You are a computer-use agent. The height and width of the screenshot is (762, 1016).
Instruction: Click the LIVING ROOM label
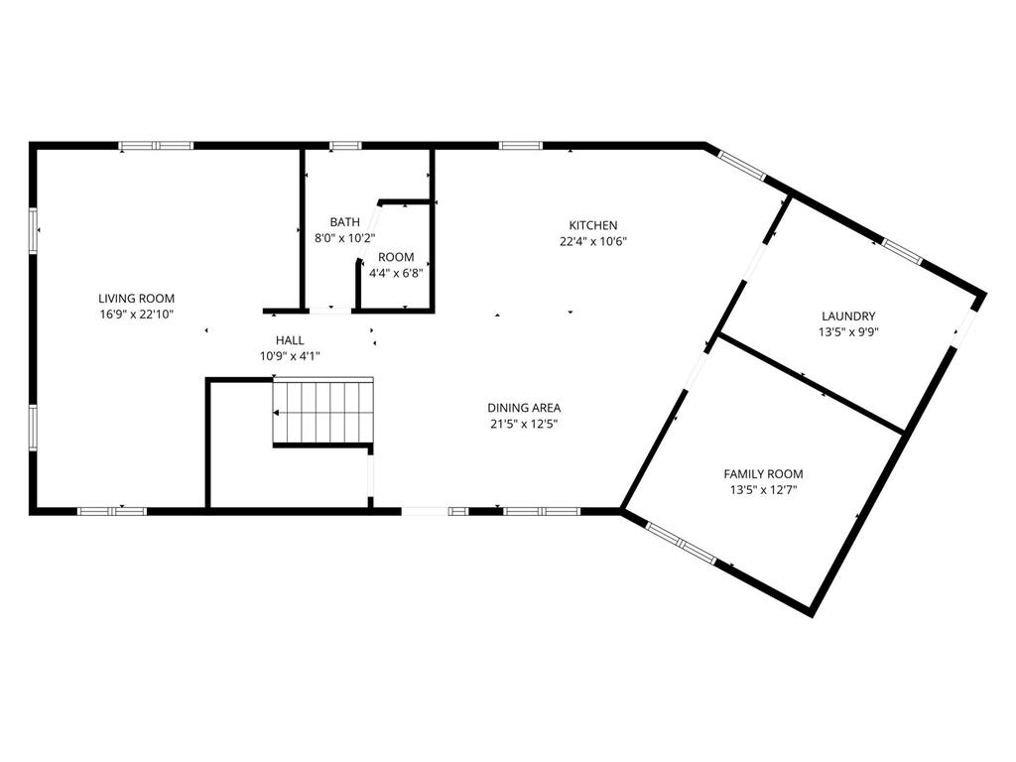tap(136, 299)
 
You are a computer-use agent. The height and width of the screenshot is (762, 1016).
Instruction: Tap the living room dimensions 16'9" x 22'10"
tap(136, 315)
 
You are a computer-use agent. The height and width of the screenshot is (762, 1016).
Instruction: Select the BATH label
tap(344, 222)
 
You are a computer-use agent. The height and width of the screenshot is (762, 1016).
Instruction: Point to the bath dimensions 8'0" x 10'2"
tap(344, 238)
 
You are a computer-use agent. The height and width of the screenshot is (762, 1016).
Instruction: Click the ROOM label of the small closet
tap(396, 257)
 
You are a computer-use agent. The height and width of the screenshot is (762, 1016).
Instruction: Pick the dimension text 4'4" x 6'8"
tap(396, 274)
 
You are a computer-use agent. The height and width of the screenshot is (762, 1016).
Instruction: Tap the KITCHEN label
tap(593, 225)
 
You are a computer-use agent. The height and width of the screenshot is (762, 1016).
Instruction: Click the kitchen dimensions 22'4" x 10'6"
tap(593, 242)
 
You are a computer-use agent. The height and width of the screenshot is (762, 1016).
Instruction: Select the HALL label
tap(290, 340)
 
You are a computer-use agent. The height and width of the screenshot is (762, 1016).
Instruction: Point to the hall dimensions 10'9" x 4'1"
tap(290, 356)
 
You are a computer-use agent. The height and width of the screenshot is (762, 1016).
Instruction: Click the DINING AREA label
tap(524, 408)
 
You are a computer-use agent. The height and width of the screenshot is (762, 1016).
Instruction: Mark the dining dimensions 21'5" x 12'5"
tap(524, 425)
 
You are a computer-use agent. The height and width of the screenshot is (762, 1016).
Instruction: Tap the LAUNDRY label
tap(848, 317)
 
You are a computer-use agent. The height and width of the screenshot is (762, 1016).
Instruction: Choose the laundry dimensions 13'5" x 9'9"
tap(848, 332)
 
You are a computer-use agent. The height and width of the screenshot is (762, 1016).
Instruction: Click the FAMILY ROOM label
tap(763, 474)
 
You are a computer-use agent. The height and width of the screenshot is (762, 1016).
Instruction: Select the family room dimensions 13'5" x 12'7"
tap(763, 490)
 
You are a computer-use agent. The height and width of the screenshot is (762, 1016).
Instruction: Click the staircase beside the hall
tap(323, 412)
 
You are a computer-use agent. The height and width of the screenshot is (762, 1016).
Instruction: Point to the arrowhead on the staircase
tap(276, 412)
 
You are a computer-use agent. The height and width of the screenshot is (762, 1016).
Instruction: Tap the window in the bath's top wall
tap(345, 146)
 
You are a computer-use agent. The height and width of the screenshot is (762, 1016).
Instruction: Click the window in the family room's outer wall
tap(681, 543)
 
